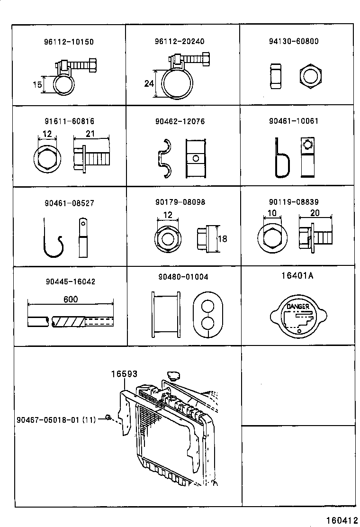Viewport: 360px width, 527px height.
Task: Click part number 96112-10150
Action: (x=69, y=42)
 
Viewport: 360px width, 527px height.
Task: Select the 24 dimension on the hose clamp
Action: (x=149, y=83)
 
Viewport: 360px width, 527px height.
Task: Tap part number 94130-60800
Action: (x=294, y=41)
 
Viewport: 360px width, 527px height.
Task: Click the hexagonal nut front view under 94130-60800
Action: (x=310, y=77)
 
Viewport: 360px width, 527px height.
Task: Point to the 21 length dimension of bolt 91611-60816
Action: (x=90, y=134)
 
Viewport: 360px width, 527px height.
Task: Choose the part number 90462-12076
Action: (x=180, y=121)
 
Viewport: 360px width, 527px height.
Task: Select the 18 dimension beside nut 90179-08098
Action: (x=222, y=239)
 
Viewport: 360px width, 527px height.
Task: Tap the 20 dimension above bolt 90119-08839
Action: (x=315, y=213)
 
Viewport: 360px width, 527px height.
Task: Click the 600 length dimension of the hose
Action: (x=71, y=299)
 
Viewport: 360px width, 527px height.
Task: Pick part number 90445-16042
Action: (x=71, y=282)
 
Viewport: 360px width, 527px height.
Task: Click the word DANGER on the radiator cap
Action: (x=298, y=307)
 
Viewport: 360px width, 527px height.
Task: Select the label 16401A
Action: (x=297, y=276)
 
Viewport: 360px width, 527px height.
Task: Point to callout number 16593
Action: (x=125, y=374)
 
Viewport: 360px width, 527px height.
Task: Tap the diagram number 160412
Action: (x=342, y=520)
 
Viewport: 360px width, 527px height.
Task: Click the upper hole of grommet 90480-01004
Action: (x=208, y=306)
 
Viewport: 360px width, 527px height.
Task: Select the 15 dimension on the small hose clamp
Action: (x=37, y=84)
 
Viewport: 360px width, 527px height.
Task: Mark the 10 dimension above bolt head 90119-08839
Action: (x=272, y=213)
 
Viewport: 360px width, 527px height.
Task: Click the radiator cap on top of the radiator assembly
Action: (x=173, y=376)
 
